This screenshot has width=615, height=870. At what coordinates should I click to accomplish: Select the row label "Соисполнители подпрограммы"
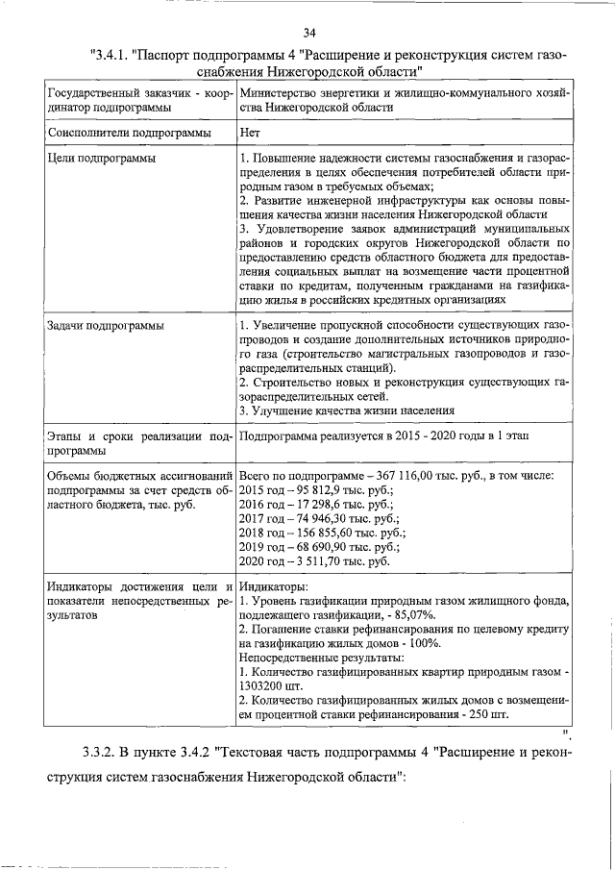[113, 134]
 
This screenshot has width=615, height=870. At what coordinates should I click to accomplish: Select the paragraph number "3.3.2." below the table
[103, 751]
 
